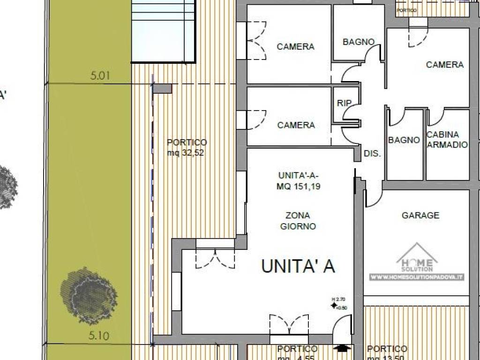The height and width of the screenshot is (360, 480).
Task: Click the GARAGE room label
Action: (420, 216)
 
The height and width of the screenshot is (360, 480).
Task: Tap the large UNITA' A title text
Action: (298, 266)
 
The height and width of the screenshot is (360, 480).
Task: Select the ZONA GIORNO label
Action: (298, 221)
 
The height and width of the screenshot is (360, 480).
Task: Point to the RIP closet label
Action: (345, 103)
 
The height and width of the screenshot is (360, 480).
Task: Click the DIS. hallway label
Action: (373, 153)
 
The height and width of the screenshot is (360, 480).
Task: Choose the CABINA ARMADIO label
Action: (447, 140)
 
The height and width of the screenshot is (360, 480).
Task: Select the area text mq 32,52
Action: (187, 152)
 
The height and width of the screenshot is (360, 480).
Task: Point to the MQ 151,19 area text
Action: (299, 186)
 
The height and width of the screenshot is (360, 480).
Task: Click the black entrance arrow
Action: (343, 348)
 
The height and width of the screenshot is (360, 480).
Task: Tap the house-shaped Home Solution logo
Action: (417, 257)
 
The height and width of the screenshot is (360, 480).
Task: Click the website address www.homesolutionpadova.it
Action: (417, 277)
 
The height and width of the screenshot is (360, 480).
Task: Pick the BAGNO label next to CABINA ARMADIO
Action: (404, 140)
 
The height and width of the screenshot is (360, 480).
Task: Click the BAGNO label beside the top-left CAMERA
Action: (359, 42)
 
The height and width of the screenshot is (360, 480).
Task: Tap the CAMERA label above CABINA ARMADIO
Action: (444, 65)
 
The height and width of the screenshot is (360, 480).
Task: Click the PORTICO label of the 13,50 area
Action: (387, 349)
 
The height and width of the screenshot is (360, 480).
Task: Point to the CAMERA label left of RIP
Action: (296, 125)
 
